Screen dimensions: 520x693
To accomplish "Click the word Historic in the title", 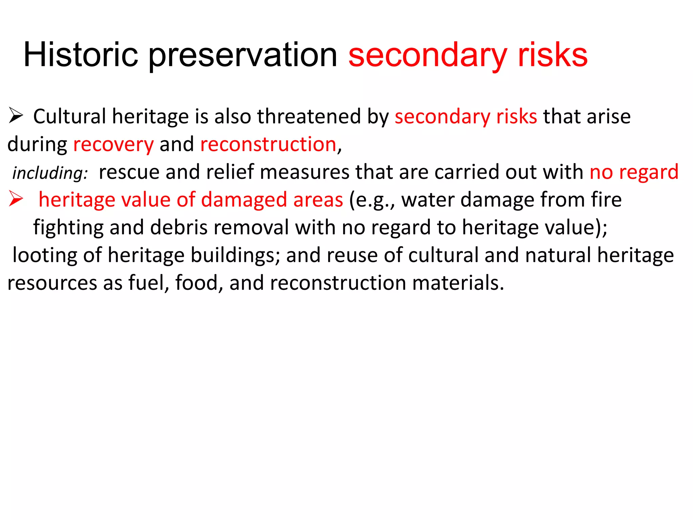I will pyautogui.click(x=81, y=55).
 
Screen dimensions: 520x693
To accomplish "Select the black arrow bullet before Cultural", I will pyautogui.click(x=16, y=116).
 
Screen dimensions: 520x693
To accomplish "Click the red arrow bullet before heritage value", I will pyautogui.click(x=16, y=199).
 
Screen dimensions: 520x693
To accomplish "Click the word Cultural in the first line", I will pyautogui.click(x=69, y=116).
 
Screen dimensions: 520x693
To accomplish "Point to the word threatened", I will pyautogui.click(x=309, y=116).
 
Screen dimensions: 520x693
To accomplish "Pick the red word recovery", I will pyautogui.click(x=113, y=145).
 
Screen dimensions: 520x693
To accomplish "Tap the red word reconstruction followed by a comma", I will pyautogui.click(x=268, y=144).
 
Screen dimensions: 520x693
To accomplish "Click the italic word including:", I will pyautogui.click(x=50, y=173).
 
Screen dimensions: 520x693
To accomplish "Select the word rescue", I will pyautogui.click(x=129, y=172).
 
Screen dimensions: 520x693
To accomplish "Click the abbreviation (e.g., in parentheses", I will pyautogui.click(x=372, y=200).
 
